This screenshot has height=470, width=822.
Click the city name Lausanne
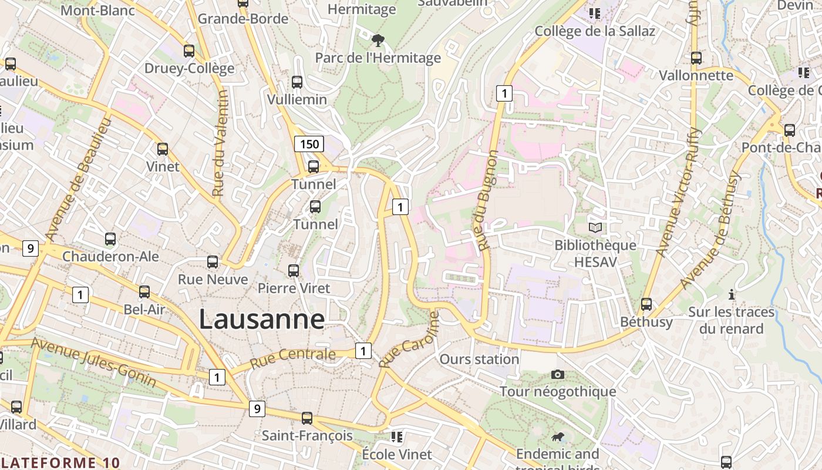261,320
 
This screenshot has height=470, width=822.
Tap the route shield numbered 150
309,144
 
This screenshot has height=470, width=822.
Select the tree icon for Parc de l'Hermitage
378,41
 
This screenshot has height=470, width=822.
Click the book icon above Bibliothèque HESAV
595,227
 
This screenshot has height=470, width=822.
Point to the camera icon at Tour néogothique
558,374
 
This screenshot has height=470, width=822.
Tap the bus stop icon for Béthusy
646,304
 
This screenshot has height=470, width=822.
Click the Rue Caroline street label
409,340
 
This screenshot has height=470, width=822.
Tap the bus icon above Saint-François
306,418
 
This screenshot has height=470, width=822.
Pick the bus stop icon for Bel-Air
144,291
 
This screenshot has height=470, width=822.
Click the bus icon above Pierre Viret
293,271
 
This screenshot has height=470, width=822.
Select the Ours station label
479,359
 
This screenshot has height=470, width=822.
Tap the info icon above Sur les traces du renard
731,294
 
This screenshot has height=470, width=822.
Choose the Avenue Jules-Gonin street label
94,362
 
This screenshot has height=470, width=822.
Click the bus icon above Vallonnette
696,58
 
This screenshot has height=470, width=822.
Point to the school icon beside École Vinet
397,437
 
